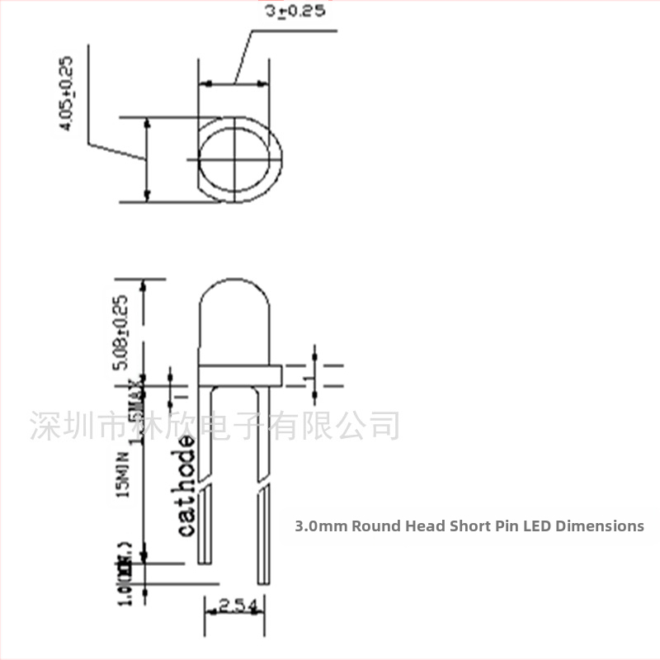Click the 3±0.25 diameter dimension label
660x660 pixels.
pyautogui.click(x=295, y=11)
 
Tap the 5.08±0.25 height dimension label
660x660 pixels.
pyautogui.click(x=120, y=323)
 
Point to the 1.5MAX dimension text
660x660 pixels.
pyautogui.click(x=137, y=402)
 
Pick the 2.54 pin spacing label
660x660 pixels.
pyautogui.click(x=238, y=608)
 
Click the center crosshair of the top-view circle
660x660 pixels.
pyautogui.click(x=237, y=157)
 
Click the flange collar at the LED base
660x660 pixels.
pyautogui.click(x=239, y=375)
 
